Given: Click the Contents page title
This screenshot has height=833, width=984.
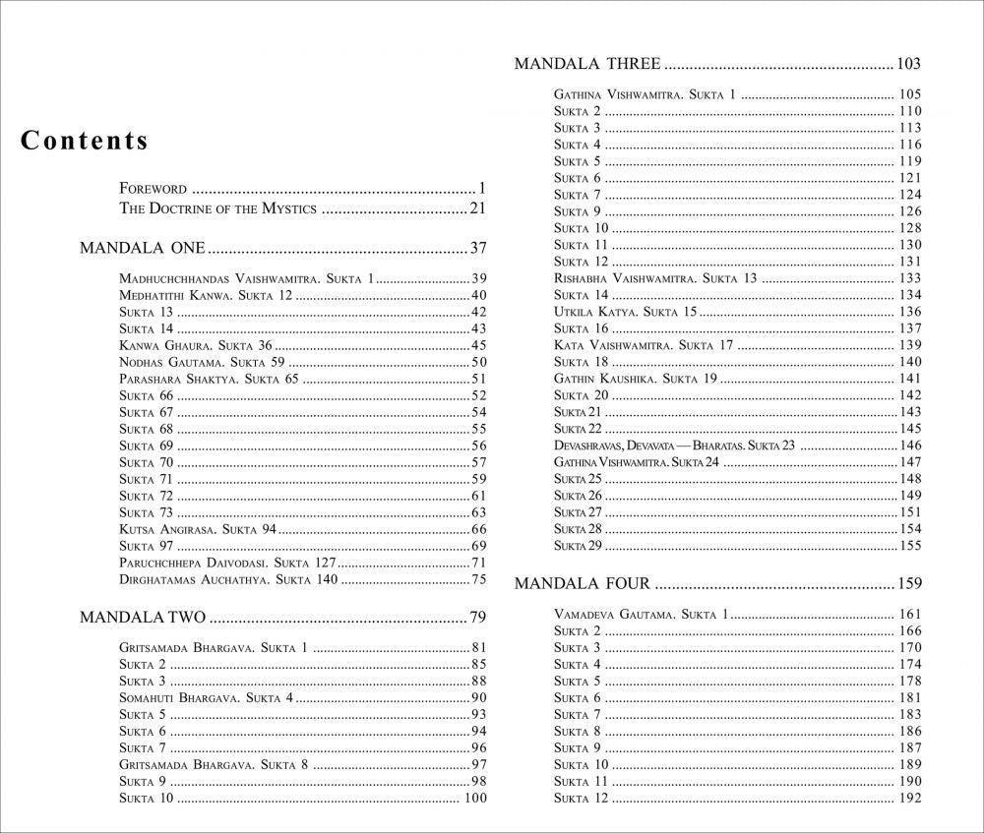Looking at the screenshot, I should tap(85, 141).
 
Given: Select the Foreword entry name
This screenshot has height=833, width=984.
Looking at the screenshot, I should tap(153, 188).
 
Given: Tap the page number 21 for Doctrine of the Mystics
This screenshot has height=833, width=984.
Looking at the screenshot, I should tap(479, 208).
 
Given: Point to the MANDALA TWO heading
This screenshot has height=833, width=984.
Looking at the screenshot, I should tap(142, 618).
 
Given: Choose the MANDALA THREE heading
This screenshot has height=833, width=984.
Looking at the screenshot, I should tap(587, 65).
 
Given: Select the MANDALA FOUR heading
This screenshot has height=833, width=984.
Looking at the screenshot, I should tap(583, 584).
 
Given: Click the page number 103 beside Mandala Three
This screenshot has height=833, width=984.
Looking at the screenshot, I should tap(908, 65).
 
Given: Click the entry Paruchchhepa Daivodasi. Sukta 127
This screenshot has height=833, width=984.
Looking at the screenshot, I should tap(227, 563).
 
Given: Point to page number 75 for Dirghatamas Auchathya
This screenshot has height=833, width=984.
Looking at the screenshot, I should tap(479, 579).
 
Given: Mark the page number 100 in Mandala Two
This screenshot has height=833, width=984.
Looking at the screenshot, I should tap(475, 798).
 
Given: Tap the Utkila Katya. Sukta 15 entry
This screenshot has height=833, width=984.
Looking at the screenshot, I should tap(625, 312).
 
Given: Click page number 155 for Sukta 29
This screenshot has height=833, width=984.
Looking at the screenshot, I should tap(909, 546).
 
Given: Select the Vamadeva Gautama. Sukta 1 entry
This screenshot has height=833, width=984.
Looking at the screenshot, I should tap(640, 615).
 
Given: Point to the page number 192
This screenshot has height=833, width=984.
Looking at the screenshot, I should tap(909, 798).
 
